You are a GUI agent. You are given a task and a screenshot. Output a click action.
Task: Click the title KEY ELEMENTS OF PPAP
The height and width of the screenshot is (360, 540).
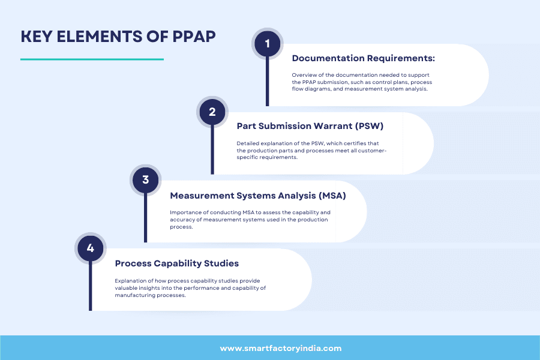pos(118,37)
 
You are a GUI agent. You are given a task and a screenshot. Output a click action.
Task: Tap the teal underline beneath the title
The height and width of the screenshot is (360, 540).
pos(92,59)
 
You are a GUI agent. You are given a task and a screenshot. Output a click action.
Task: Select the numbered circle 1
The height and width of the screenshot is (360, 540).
pos(267,43)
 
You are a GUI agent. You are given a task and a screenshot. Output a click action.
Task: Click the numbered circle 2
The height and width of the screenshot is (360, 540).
pos(212,112)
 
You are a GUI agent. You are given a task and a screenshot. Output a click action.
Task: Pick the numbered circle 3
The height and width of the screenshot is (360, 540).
pos(145,179)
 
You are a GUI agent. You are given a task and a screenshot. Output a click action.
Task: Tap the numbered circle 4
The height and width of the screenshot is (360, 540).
pos(90,248)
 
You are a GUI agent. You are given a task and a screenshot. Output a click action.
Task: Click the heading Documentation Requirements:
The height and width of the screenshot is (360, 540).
pos(363,58)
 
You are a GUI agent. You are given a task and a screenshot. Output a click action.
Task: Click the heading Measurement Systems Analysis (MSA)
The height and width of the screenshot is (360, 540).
pos(258,196)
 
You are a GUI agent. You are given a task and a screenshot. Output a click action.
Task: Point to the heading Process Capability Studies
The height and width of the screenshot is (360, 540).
pos(177,263)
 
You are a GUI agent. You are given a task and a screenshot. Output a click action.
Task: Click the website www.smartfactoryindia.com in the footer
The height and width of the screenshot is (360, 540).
pos(281,348)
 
